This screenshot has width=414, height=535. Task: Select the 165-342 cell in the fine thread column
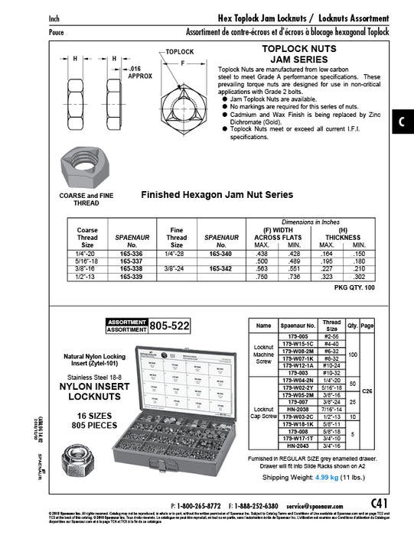[220, 268]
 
